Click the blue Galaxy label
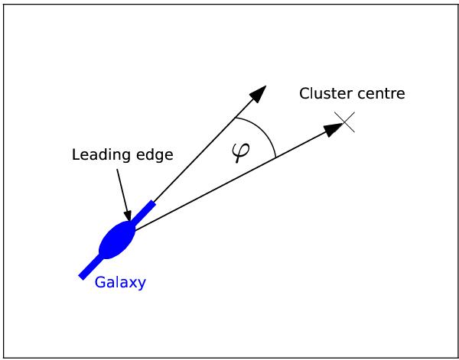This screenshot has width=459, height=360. point(120,283)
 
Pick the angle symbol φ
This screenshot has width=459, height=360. point(240,152)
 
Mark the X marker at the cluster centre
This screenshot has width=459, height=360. point(345,122)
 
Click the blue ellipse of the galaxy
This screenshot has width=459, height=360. point(117,240)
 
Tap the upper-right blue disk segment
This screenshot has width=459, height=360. point(144,213)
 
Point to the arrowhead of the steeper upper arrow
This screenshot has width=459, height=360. point(259,93)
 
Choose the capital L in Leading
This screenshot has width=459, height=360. point(76,155)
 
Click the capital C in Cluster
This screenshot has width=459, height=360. point(304,94)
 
